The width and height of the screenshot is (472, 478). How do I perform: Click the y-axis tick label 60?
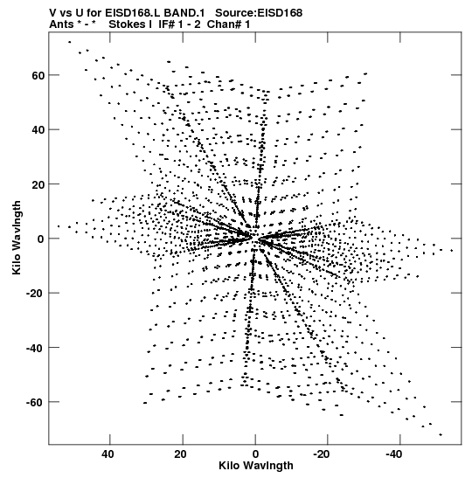(38, 76)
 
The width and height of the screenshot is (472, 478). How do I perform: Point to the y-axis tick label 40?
(38, 130)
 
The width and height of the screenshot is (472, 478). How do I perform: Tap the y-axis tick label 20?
(38, 184)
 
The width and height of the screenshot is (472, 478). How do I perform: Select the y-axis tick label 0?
(41, 239)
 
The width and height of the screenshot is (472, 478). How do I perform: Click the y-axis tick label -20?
(35, 294)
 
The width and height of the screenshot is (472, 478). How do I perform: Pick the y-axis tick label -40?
(35, 348)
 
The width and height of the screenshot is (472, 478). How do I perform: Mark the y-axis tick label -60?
(35, 403)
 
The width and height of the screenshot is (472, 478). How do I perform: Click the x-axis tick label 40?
(108, 454)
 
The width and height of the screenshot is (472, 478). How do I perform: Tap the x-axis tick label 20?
(181, 454)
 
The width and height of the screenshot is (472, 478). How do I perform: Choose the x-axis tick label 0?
(255, 454)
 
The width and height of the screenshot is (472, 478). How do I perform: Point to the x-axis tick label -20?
(322, 454)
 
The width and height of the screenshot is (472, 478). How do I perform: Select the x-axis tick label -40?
(394, 454)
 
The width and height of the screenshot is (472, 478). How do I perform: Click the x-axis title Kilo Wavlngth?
(256, 466)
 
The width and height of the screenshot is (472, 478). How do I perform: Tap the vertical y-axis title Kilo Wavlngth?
(17, 238)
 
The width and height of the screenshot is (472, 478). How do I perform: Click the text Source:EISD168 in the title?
(259, 13)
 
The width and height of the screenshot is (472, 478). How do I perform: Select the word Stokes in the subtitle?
(130, 24)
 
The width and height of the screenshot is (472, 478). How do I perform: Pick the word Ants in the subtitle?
(61, 24)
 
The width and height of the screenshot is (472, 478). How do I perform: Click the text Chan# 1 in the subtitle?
(228, 24)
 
